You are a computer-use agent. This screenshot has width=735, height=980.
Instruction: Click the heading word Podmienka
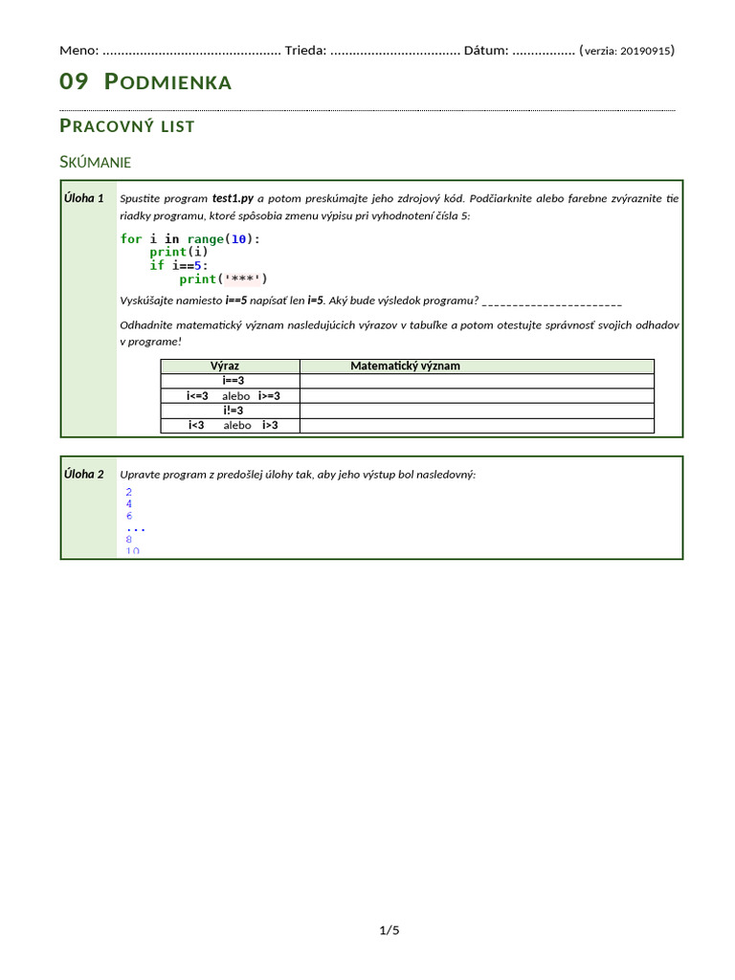(x=167, y=82)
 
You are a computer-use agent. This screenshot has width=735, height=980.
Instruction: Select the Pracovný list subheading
(x=127, y=126)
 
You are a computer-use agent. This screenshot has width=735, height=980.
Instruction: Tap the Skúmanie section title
(x=95, y=162)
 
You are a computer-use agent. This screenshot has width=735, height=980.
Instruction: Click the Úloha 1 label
(x=84, y=198)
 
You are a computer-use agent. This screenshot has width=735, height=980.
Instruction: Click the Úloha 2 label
(x=84, y=474)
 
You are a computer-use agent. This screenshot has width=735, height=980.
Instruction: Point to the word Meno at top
(x=78, y=50)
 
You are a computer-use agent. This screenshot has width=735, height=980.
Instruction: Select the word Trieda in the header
(x=305, y=50)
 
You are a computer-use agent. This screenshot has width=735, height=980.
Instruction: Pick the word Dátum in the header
(x=486, y=50)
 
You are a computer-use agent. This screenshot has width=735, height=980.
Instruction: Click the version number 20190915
(x=646, y=51)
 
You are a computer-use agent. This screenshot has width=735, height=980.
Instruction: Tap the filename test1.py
(x=233, y=198)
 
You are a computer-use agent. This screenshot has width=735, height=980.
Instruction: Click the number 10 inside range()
(x=239, y=238)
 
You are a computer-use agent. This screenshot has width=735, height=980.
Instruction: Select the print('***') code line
(x=223, y=278)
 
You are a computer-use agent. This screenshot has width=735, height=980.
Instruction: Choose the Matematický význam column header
(x=405, y=366)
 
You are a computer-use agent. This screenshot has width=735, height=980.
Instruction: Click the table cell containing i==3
(x=230, y=381)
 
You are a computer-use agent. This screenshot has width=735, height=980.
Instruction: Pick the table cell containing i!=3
(x=230, y=411)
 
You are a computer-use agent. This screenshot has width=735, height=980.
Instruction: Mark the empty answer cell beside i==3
(x=477, y=381)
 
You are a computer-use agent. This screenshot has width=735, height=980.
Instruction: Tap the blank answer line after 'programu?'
(x=553, y=301)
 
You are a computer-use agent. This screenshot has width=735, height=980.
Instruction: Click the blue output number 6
(x=129, y=516)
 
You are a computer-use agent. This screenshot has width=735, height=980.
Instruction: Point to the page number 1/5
(x=390, y=929)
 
